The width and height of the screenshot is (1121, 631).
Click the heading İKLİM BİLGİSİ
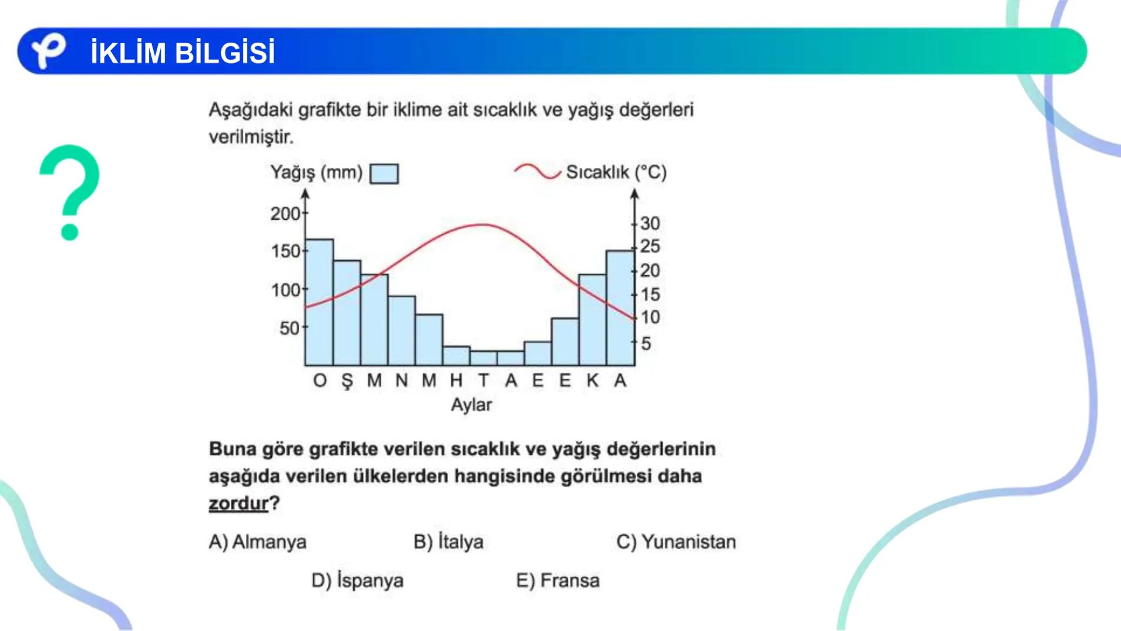click(x=182, y=53)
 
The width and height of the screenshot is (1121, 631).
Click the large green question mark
click(x=70, y=192)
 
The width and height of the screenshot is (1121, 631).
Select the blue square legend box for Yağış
click(x=384, y=174)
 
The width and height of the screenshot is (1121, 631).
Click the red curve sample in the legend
click(x=537, y=171)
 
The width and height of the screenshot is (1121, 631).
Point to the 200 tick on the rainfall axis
click(x=286, y=214)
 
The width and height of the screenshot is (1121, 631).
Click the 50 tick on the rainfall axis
click(x=290, y=328)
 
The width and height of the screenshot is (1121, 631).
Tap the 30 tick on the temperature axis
click(x=649, y=223)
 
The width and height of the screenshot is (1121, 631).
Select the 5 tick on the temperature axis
click(x=645, y=344)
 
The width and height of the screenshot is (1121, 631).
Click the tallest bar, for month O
click(x=319, y=303)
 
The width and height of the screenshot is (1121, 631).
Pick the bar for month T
click(x=483, y=358)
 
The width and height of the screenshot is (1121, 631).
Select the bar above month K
click(x=592, y=320)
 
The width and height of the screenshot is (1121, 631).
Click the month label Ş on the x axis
click(x=347, y=381)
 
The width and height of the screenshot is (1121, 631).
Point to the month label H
click(x=456, y=381)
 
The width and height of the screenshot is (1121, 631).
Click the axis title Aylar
click(x=471, y=405)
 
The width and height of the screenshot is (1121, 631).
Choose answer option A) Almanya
click(x=257, y=542)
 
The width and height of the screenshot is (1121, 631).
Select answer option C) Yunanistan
click(x=676, y=542)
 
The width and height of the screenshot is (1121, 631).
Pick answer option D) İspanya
click(x=357, y=581)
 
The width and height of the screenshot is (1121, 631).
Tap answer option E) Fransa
click(x=558, y=581)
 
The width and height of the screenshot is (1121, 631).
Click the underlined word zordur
click(x=238, y=503)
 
